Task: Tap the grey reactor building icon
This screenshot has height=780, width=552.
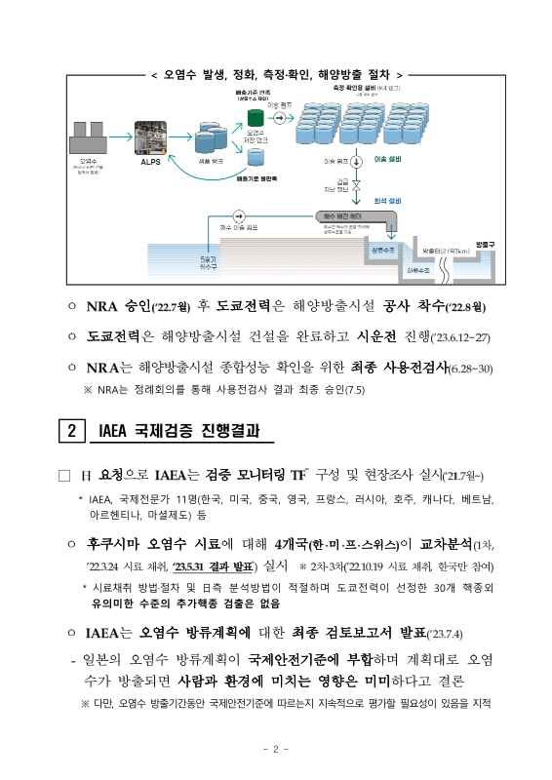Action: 90,136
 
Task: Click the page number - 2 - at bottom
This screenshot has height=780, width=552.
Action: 276,749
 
